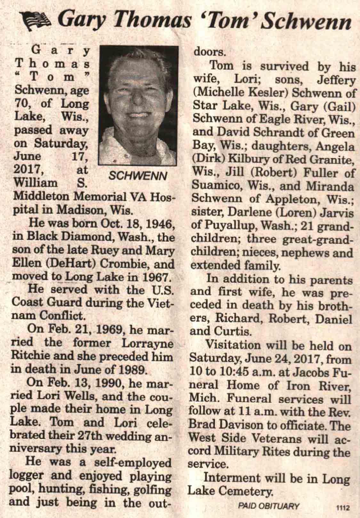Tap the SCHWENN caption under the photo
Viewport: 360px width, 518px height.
coord(138,175)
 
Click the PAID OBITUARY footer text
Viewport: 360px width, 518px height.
coord(269,506)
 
